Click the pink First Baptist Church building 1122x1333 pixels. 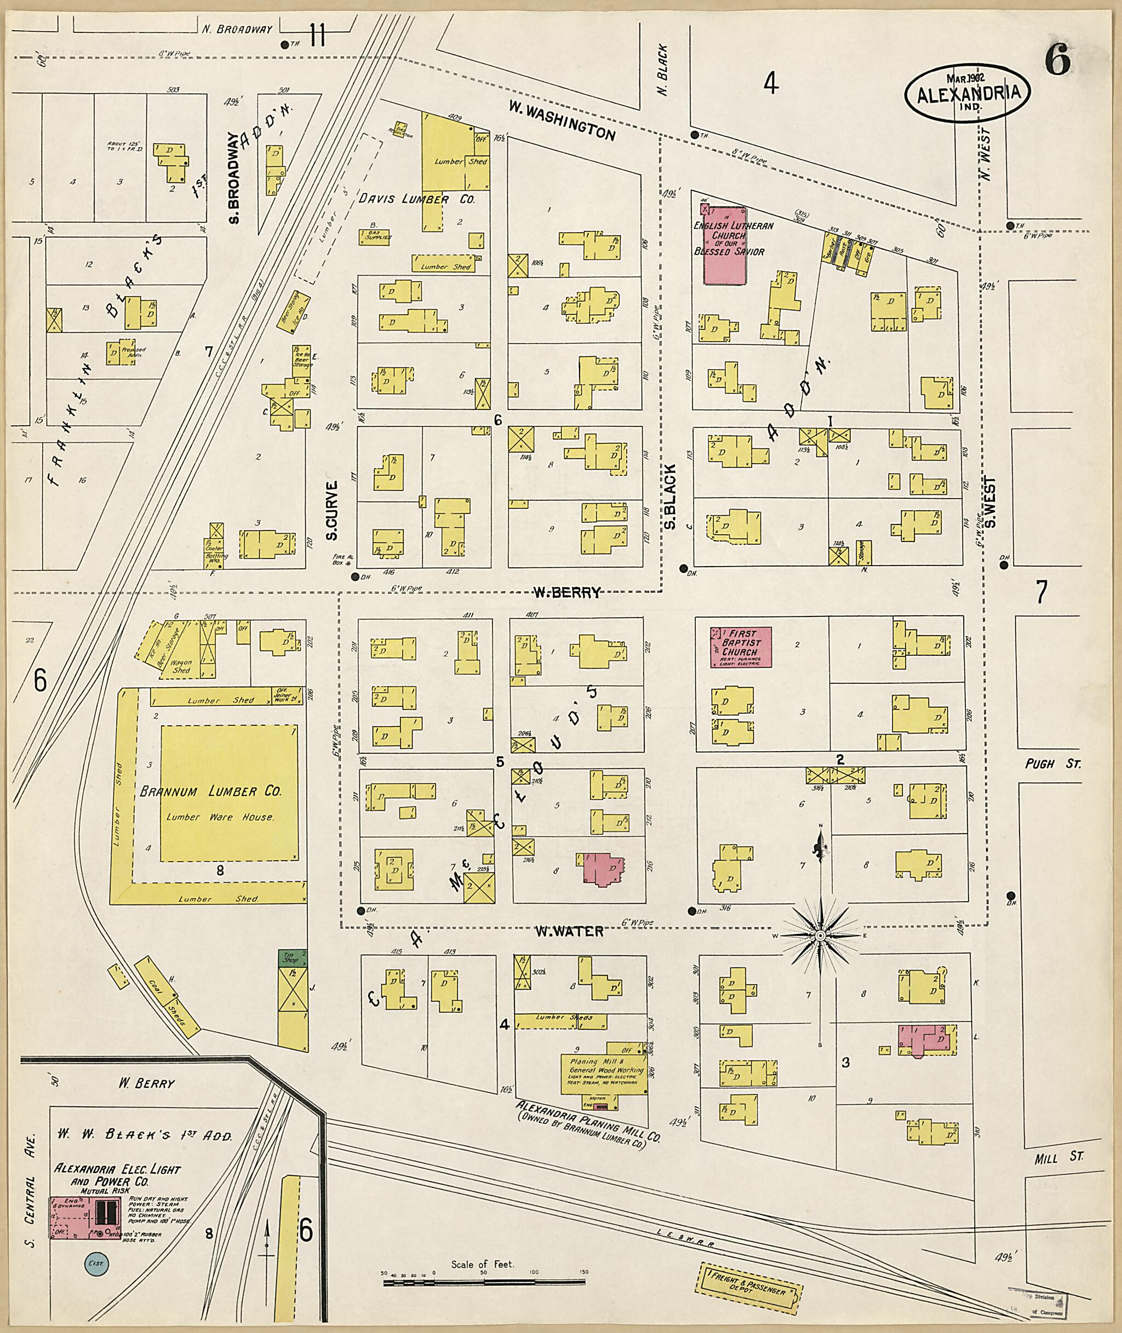point(740,647)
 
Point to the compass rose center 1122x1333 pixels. point(821,936)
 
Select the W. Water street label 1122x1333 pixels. point(568,931)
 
